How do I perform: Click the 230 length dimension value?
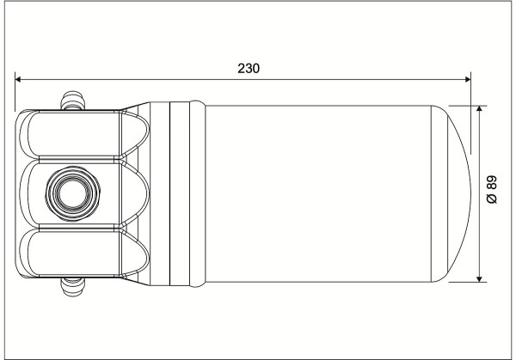[249, 69]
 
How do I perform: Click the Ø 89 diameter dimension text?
[492, 190]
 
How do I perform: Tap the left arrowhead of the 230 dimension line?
[18, 79]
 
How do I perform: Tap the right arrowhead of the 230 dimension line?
[467, 79]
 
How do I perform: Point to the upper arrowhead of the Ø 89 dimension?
[480, 109]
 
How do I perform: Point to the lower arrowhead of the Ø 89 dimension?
[480, 278]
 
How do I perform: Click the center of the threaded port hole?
[73, 193]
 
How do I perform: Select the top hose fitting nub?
[73, 101]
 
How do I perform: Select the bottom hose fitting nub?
[73, 287]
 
